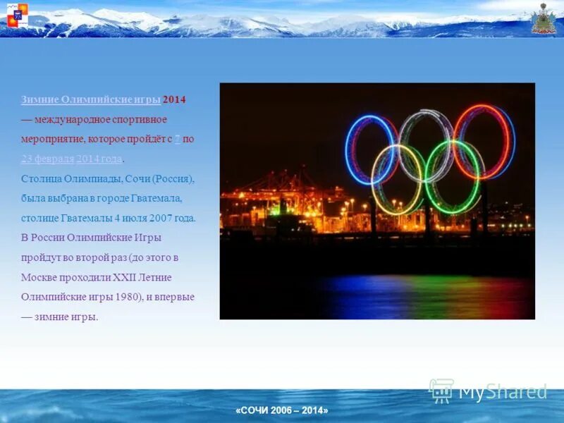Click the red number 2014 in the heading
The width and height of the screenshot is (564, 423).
tap(174, 99)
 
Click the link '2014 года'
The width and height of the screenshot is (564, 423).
tap(99, 159)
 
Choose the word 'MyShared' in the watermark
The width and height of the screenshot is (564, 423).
tap(503, 392)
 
